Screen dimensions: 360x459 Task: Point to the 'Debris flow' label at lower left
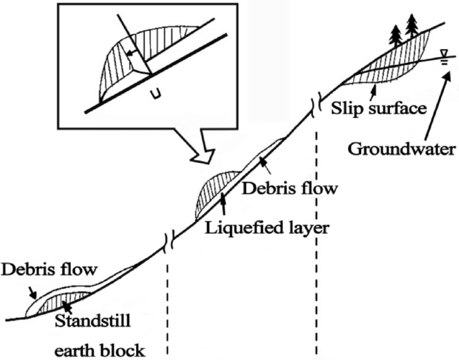click(x=49, y=271)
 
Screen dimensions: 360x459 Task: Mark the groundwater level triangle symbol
click(x=442, y=54)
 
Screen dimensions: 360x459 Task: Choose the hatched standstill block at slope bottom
click(x=64, y=302)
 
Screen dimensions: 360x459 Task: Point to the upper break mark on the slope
click(x=313, y=107)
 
